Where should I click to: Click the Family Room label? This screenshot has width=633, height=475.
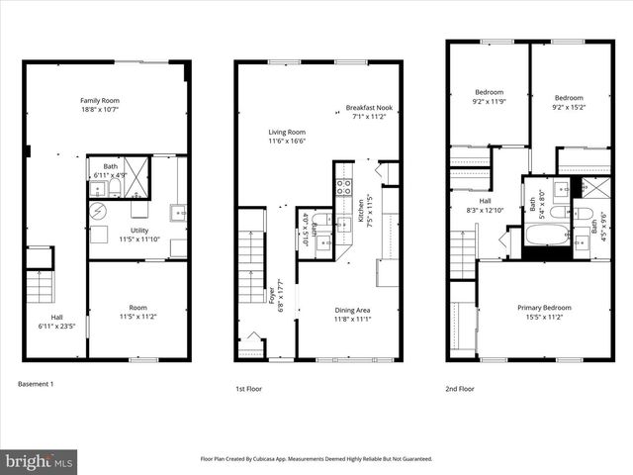point(99,100)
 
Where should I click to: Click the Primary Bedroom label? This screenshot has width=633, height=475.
point(543,308)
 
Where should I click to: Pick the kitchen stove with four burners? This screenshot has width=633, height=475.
point(344,186)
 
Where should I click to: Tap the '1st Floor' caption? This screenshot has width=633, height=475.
point(248,389)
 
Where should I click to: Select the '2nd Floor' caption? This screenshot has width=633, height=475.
point(460,389)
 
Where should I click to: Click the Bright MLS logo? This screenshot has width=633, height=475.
point(40,461)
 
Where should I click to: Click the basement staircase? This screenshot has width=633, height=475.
point(38,288)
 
